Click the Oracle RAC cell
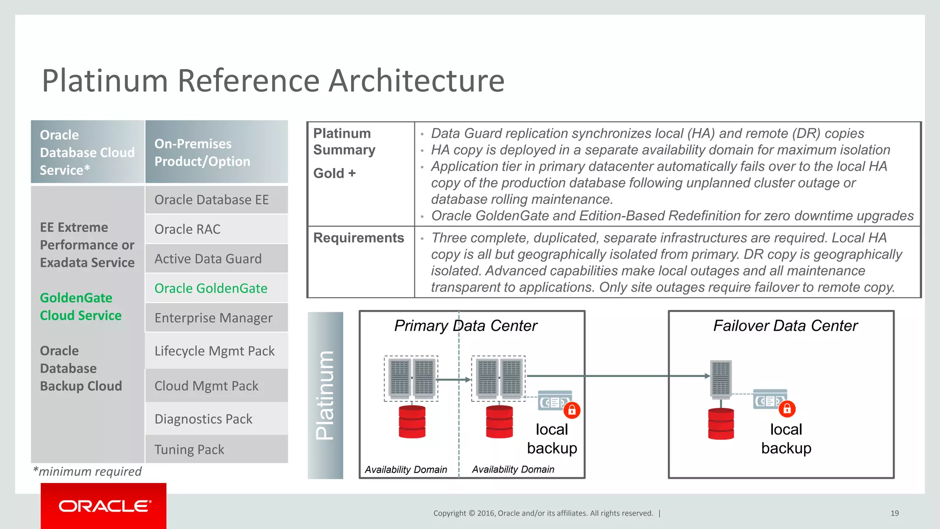[x=216, y=229]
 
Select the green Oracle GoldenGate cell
[x=216, y=288]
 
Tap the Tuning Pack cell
[x=216, y=449]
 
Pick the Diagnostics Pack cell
[x=216, y=419]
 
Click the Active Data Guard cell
[x=216, y=259]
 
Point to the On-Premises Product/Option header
[x=216, y=152]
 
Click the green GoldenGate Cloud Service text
[x=81, y=307]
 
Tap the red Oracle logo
[x=104, y=506]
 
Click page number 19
[x=895, y=513]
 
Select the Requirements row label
[x=358, y=238]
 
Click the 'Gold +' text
[x=335, y=174]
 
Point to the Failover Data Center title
[x=785, y=326]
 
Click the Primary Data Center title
[x=465, y=326]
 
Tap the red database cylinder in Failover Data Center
[x=721, y=424]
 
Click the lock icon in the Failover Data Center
[x=787, y=409]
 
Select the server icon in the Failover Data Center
[x=721, y=378]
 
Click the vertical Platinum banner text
[x=325, y=395]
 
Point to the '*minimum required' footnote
[x=87, y=472]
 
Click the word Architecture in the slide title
[x=416, y=81]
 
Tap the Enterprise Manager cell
[x=216, y=318]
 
